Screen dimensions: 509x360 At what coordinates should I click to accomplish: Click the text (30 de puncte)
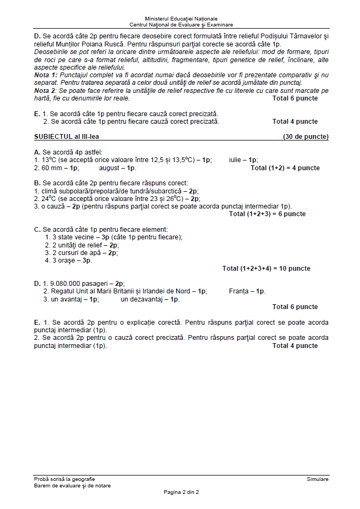pyautogui.click(x=305, y=137)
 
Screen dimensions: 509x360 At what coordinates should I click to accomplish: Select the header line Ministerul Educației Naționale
pyautogui.click(x=181, y=19)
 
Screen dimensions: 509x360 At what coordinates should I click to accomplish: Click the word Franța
pyautogui.click(x=239, y=291)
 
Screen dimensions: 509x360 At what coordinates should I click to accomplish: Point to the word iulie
pyautogui.click(x=235, y=160)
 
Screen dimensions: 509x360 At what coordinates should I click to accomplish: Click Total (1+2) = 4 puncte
pyautogui.click(x=285, y=168)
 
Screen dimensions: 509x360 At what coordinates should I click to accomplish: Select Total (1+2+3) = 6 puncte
pyautogui.click(x=267, y=214)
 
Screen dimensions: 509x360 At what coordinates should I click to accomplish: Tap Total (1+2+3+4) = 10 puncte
pyautogui.click(x=266, y=269)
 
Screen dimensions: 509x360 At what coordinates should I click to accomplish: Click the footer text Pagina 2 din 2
pyautogui.click(x=181, y=492)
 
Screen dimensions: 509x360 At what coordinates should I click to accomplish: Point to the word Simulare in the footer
pyautogui.click(x=317, y=479)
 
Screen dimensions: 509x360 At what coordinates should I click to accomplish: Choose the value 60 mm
pyautogui.click(x=54, y=168)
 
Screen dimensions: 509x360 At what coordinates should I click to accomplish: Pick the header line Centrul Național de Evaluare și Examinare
pyautogui.click(x=181, y=25)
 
